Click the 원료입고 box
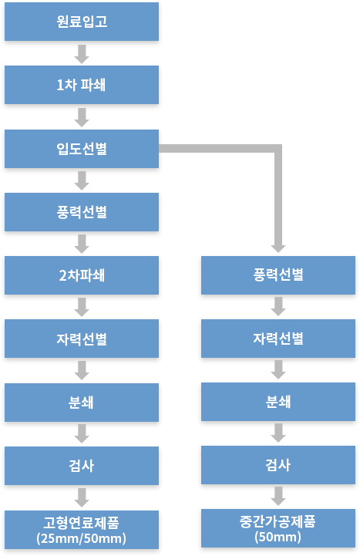(x=82, y=22)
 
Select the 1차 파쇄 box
(x=82, y=85)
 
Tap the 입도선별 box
(x=82, y=149)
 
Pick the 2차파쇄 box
(x=82, y=275)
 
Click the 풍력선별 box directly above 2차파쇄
(x=82, y=212)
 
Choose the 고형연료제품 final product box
(x=82, y=530)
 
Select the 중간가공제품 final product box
(x=278, y=528)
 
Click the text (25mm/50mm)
(x=81, y=538)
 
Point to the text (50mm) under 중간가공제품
(x=278, y=537)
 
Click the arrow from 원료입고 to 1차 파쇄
(x=82, y=54)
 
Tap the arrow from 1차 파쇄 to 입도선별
(x=82, y=117)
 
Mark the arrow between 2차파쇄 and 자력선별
(x=82, y=307)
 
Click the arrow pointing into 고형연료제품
(x=82, y=498)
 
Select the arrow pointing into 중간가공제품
(x=278, y=496)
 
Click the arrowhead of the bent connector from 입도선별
(x=278, y=248)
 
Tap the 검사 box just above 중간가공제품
(x=278, y=465)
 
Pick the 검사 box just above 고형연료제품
(x=82, y=466)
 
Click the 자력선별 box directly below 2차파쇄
(x=82, y=339)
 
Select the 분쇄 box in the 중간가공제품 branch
(x=278, y=402)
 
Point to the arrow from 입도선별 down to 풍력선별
(x=82, y=181)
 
